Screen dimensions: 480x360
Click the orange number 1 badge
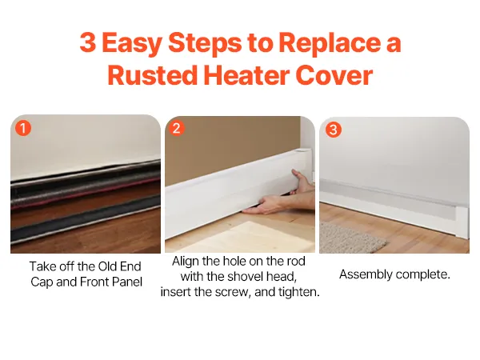tap(23, 128)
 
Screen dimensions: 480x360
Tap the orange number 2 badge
tap(177, 128)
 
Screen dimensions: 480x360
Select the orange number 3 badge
tap(334, 130)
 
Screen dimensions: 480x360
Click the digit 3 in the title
tap(88, 42)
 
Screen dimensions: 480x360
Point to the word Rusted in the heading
tap(152, 75)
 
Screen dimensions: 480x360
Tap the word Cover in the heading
tap(334, 75)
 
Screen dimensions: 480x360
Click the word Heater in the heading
tap(246, 75)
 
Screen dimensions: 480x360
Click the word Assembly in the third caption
tap(366, 274)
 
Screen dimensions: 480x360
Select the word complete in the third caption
tap(422, 274)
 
